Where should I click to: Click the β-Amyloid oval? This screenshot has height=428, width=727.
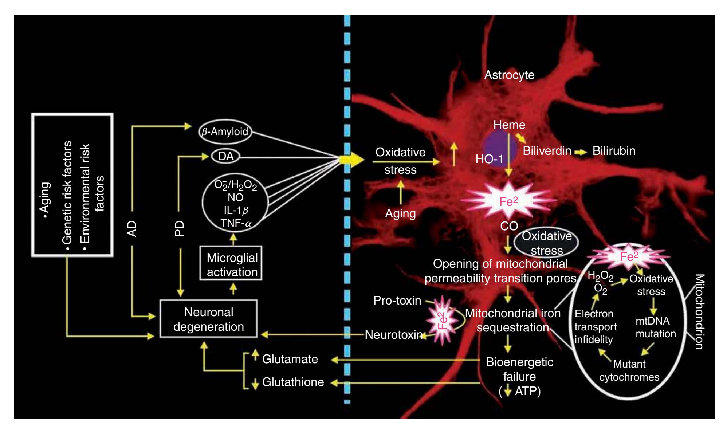click(x=225, y=131)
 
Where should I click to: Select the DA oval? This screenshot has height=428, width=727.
click(x=225, y=157)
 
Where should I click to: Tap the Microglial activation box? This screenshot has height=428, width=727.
click(x=232, y=265)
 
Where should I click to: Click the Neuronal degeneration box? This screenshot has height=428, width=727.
click(x=209, y=319)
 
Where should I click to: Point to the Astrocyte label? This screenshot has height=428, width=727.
click(x=509, y=75)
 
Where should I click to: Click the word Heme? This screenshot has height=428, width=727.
click(x=509, y=125)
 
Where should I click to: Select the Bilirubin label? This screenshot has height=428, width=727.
click(x=614, y=151)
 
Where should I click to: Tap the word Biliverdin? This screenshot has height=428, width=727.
click(x=547, y=151)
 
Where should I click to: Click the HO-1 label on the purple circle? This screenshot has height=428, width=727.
click(x=489, y=159)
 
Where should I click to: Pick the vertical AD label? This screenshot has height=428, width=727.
click(x=133, y=228)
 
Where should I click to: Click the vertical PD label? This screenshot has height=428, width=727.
click(x=179, y=228)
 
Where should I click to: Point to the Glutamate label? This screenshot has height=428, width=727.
click(x=290, y=359)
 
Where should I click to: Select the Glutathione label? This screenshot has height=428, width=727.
click(x=293, y=382)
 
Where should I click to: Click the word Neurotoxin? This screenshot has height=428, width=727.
click(x=393, y=335)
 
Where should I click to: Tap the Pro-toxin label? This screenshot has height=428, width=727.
click(x=397, y=301)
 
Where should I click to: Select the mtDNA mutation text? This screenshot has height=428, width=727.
click(x=655, y=327)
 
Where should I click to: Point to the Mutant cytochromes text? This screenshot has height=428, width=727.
click(x=629, y=370)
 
